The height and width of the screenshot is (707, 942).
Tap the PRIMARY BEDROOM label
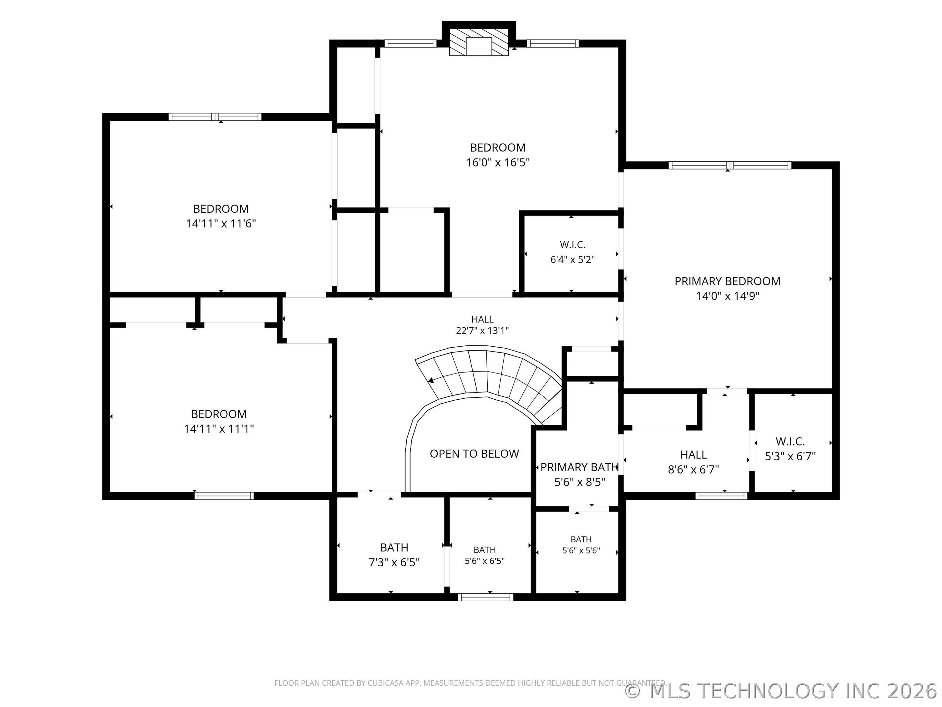727,281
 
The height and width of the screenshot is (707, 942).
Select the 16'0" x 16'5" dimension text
498,162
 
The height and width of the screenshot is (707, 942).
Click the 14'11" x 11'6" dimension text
220,223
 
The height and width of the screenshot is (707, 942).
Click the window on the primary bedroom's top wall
730,165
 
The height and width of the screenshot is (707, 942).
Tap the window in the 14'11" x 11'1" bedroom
224,496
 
